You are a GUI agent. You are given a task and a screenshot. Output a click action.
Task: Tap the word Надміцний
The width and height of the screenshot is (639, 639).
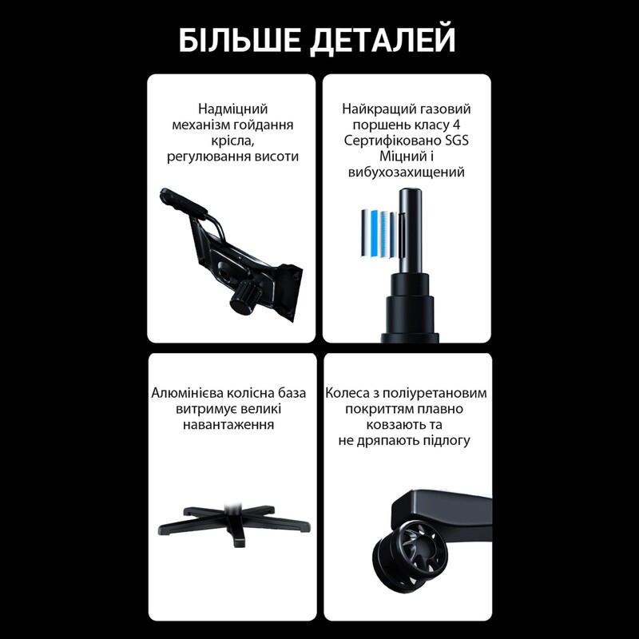click(x=232, y=109)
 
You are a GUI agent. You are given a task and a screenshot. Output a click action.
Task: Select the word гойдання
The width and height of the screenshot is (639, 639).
click(x=266, y=125)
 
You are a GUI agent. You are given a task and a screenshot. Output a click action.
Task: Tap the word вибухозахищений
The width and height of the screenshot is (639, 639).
click(x=407, y=173)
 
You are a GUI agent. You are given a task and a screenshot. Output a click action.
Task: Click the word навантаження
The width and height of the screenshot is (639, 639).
click(x=232, y=425)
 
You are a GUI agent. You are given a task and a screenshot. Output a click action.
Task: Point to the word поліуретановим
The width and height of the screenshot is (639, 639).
click(x=439, y=393)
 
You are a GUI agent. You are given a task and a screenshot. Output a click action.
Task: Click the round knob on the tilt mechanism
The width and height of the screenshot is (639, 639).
click(x=241, y=300)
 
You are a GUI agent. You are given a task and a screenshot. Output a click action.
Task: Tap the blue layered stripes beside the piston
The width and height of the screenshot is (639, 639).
click(x=379, y=232)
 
